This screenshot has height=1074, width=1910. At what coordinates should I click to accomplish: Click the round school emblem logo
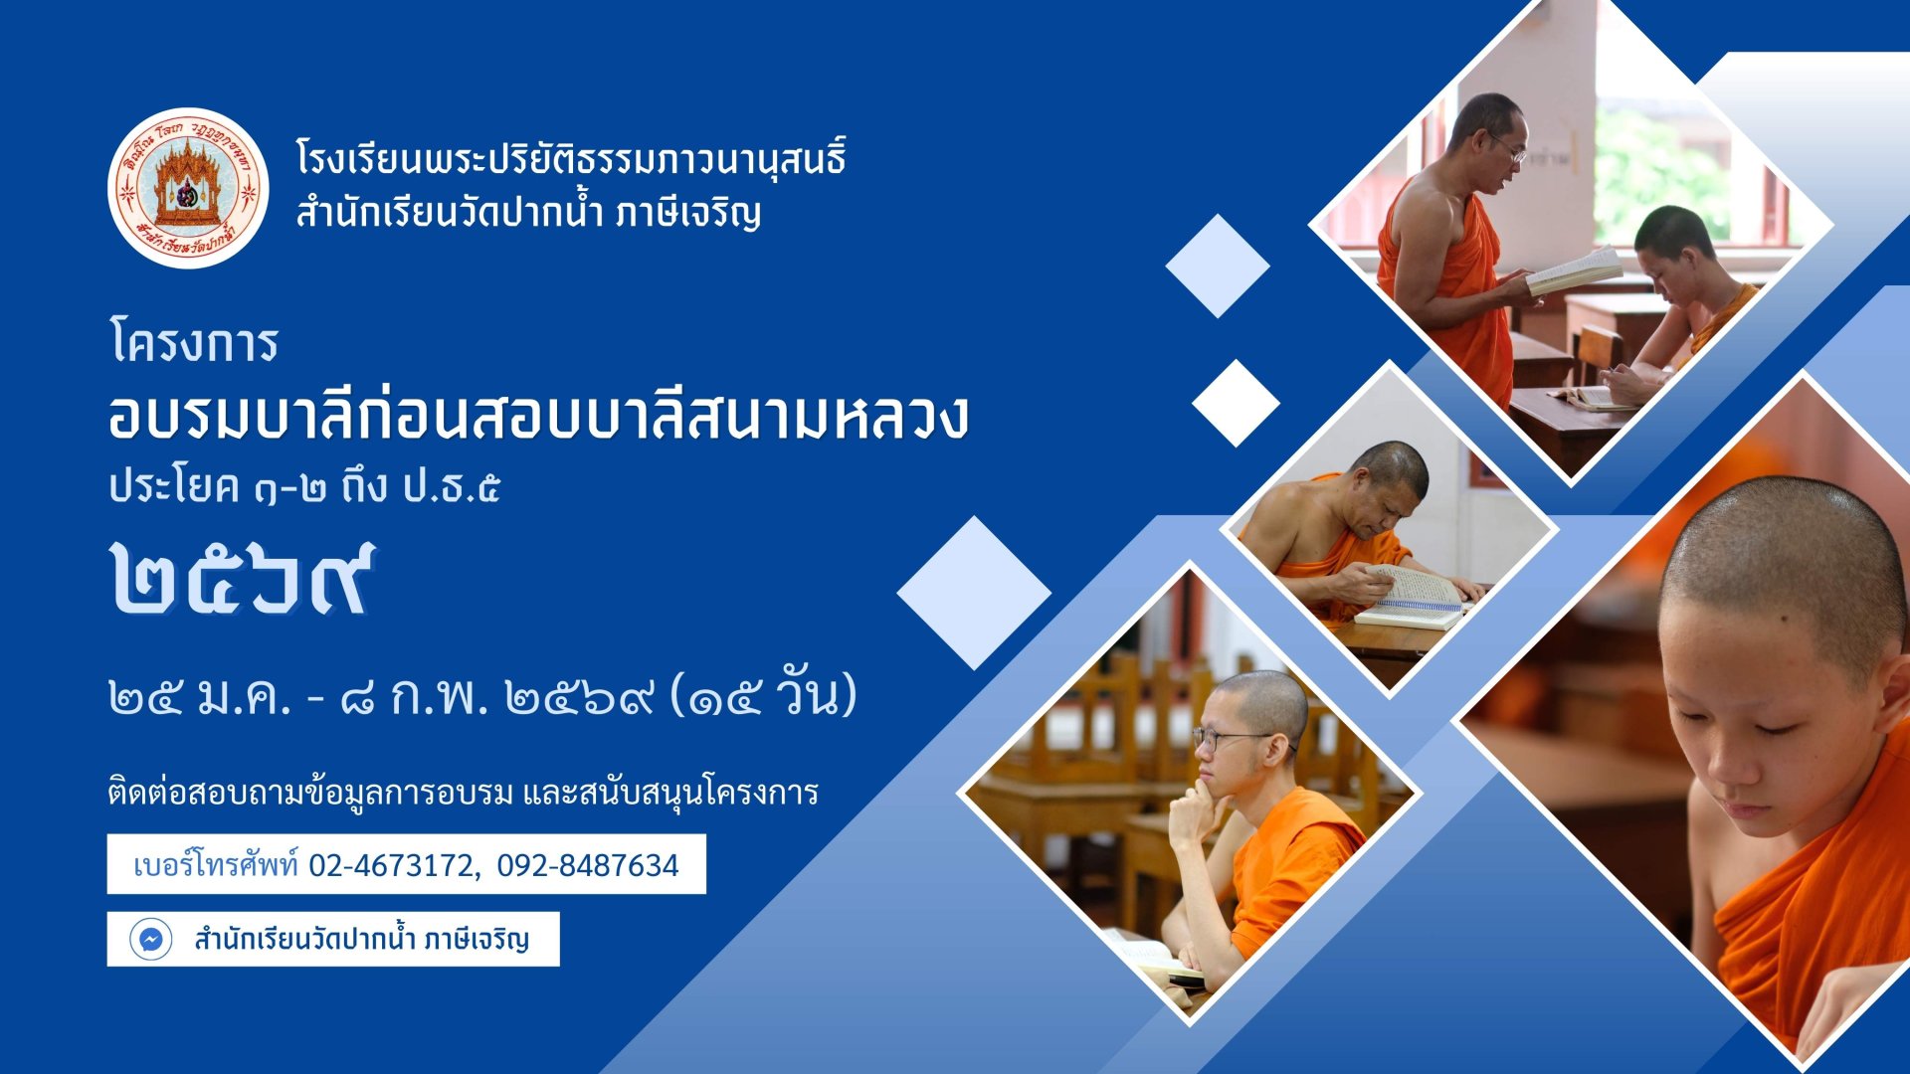pyautogui.click(x=188, y=188)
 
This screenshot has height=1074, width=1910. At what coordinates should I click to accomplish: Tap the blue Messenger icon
pyautogui.click(x=151, y=939)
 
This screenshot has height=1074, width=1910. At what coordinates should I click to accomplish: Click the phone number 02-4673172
pyautogui.click(x=392, y=865)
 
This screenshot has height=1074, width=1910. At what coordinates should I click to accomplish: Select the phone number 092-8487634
pyautogui.click(x=588, y=865)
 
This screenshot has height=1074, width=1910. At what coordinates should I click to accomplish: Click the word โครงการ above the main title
pyautogui.click(x=194, y=343)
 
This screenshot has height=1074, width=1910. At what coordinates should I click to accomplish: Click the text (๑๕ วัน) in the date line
pyautogui.click(x=763, y=693)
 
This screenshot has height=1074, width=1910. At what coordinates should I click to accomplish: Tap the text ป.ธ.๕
pyautogui.click(x=452, y=487)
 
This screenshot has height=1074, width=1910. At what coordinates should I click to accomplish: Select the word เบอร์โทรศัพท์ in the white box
pyautogui.click(x=215, y=864)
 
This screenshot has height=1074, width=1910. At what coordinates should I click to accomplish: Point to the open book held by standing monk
pyautogui.click(x=1574, y=269)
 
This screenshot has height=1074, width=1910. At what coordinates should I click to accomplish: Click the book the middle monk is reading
pyautogui.click(x=1412, y=599)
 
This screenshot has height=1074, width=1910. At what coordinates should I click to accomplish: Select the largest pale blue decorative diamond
pyautogui.click(x=974, y=593)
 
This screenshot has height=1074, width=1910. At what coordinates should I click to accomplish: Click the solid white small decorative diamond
pyautogui.click(x=1236, y=403)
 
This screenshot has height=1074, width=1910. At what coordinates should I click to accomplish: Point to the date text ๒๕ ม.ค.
pyautogui.click(x=200, y=697)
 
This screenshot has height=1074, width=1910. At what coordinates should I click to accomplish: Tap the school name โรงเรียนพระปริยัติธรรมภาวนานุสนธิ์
pyautogui.click(x=571, y=159)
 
